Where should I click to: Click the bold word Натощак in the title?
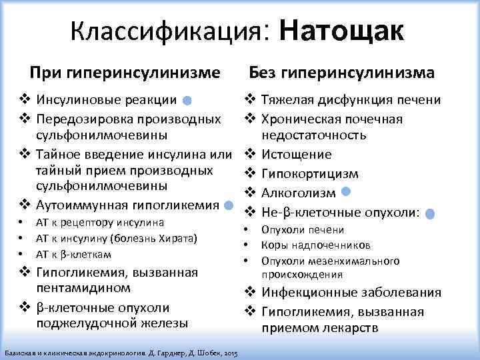[342, 31]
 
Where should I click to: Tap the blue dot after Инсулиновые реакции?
[188, 101]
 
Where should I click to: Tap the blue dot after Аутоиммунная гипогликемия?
[229, 205]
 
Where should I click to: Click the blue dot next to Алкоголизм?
[345, 192]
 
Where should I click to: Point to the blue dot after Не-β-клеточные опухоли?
[430, 214]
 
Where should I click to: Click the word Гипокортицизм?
[301, 174]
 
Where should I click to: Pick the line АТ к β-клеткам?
[73, 255]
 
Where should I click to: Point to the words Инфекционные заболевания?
[351, 293]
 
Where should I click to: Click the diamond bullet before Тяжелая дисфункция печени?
[250, 100]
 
